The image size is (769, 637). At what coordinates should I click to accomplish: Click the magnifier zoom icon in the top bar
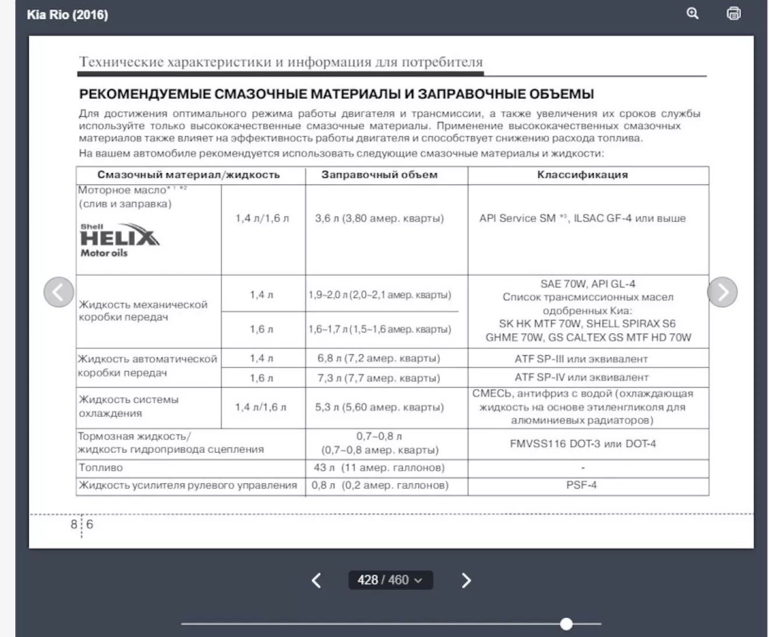tap(693, 13)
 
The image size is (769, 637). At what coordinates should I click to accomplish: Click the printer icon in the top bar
tap(733, 13)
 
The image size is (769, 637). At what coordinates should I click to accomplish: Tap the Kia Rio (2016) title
tap(68, 15)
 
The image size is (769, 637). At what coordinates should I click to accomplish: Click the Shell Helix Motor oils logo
tap(119, 240)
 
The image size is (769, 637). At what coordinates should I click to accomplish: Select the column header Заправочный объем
tap(379, 175)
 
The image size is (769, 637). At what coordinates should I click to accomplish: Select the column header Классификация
tap(583, 175)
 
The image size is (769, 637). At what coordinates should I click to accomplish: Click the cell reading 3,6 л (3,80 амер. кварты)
tap(379, 219)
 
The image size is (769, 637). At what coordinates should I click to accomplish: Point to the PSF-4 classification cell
tap(581, 485)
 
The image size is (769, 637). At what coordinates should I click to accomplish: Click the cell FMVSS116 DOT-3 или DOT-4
tap(583, 444)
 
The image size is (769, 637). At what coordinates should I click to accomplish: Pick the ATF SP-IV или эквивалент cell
tap(581, 378)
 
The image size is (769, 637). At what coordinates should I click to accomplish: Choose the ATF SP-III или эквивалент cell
tap(581, 359)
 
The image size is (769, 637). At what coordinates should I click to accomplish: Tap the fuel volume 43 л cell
tap(379, 467)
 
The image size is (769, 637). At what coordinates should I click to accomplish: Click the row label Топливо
tap(101, 467)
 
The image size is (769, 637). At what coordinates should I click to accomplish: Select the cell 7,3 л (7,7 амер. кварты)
tap(379, 378)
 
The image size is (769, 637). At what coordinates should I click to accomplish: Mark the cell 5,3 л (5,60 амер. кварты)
tap(379, 407)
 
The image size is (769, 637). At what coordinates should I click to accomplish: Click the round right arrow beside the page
tap(722, 292)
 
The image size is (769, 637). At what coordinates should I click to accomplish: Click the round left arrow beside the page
tap(59, 292)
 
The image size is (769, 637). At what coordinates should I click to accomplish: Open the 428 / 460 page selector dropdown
tap(390, 580)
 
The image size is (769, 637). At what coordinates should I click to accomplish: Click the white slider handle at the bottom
tap(566, 624)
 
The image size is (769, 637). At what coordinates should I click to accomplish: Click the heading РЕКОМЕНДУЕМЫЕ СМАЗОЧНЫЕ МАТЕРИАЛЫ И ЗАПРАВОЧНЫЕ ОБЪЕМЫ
tap(336, 94)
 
